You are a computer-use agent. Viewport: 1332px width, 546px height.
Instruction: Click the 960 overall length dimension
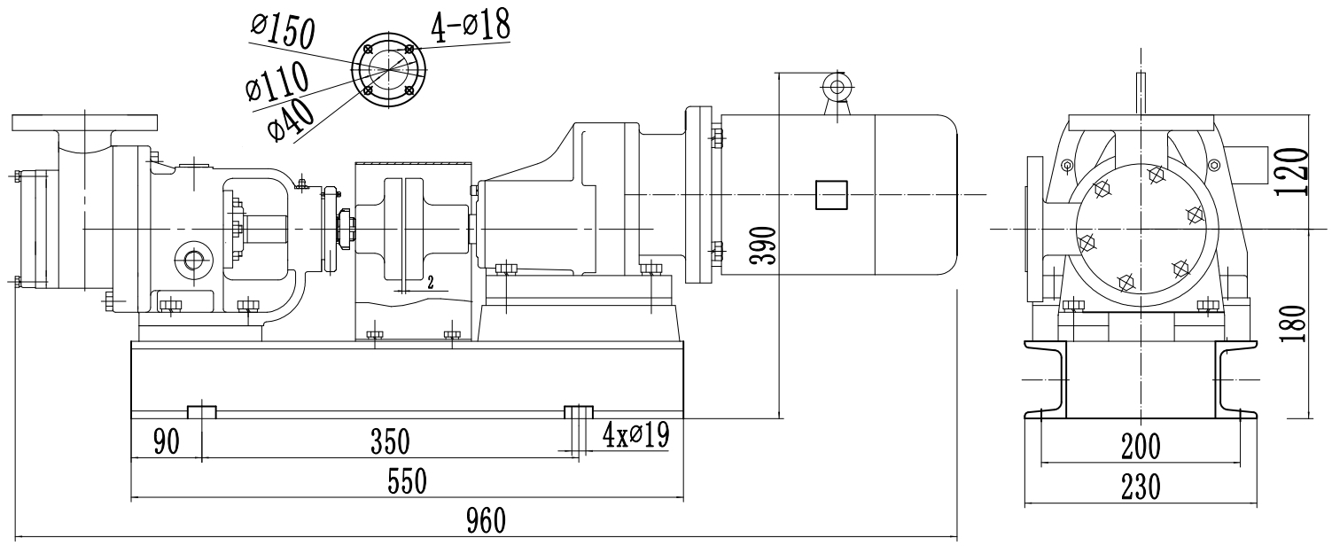[486, 520]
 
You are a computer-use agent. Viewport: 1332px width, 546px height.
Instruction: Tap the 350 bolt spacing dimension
[389, 440]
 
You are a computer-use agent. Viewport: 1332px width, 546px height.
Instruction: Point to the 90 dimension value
[166, 440]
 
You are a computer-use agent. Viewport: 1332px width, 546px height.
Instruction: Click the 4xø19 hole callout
[635, 434]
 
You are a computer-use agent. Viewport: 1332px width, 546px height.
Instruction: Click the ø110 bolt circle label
[278, 82]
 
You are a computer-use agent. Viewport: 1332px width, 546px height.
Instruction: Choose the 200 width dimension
[1138, 448]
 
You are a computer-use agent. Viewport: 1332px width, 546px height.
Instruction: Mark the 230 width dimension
[1138, 487]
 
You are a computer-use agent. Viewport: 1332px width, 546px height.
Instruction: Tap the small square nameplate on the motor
[830, 195]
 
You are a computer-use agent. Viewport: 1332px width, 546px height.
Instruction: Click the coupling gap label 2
[429, 283]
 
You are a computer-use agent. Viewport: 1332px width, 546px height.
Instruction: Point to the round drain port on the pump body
[191, 258]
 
